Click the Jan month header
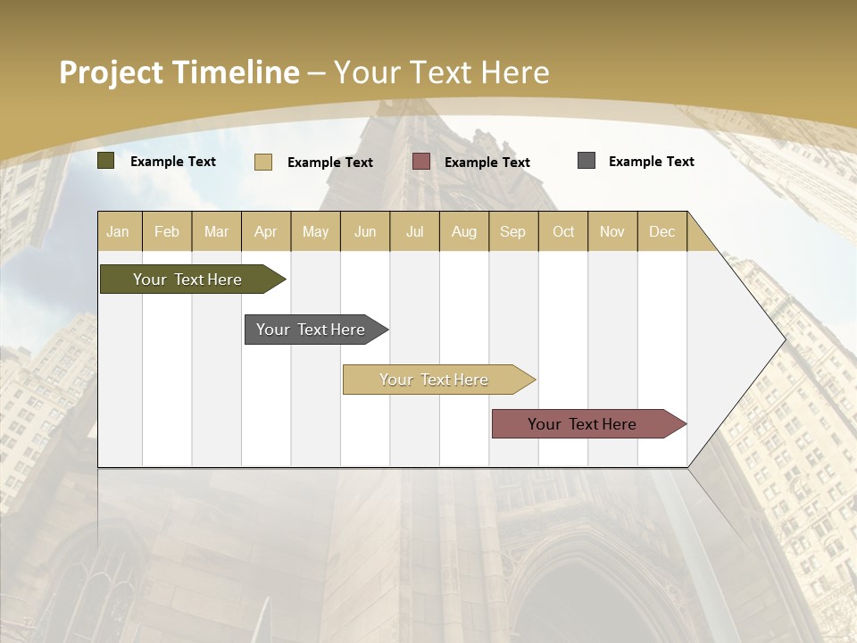119,231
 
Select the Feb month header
167,231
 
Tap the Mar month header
216,231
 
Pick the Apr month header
266,231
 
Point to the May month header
315,231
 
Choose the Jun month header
365,231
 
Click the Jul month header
414,231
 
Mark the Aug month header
464,231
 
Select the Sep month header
513,231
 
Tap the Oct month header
563,231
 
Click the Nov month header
612,231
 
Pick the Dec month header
661,231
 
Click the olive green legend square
106,161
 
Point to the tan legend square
263,162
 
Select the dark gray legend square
587,161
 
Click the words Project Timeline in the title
179,72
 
